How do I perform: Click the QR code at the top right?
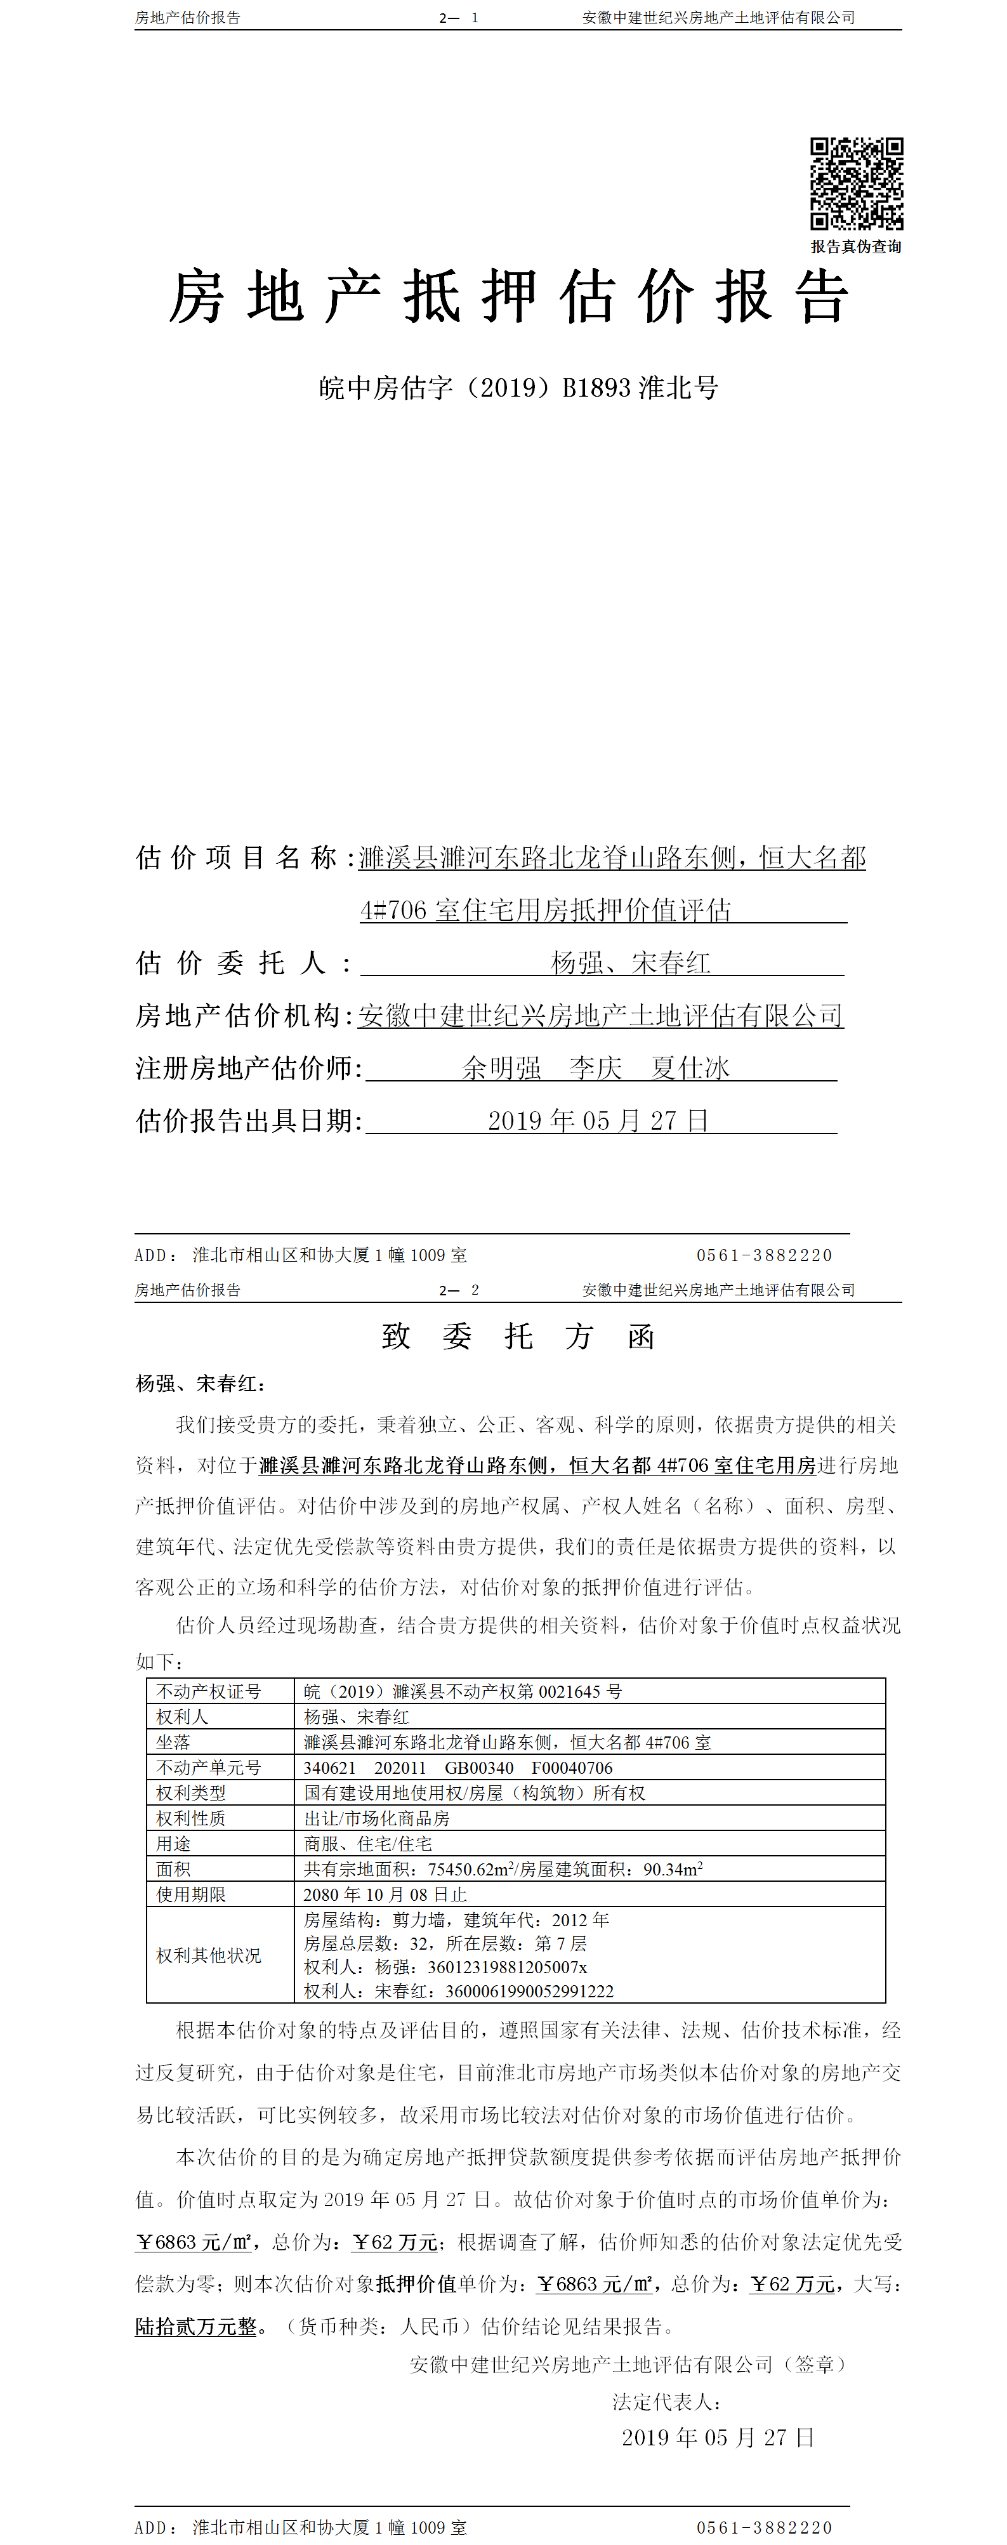856,184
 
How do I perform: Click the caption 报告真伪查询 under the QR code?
856,247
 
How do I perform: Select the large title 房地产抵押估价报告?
508,296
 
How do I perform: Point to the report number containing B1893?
518,387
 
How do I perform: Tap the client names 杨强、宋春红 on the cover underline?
631,962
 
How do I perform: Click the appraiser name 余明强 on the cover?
502,1068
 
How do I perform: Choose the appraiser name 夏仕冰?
690,1068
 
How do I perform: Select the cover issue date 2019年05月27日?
598,1120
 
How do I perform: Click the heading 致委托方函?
518,1337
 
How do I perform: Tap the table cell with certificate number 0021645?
463,1691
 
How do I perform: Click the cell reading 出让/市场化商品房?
376,1818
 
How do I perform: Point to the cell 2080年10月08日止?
385,1894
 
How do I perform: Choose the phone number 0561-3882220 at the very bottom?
764,2527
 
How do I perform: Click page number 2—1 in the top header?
459,18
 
